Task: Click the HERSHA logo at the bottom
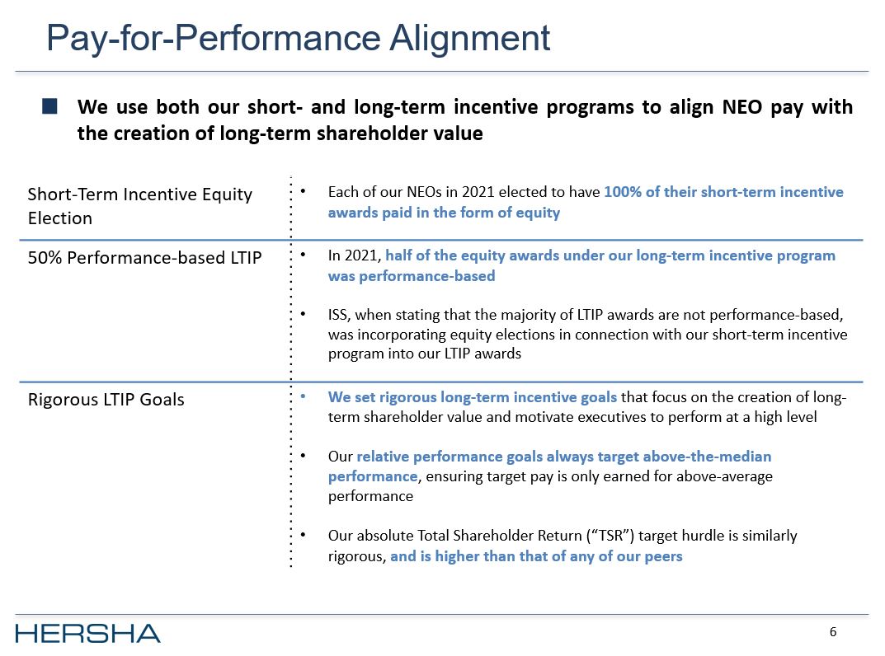coord(87,633)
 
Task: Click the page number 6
coord(833,632)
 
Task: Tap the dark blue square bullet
coord(49,107)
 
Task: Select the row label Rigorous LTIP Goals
coord(106,401)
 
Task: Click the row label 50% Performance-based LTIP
coord(144,258)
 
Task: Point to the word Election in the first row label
coord(59,218)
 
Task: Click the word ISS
coord(337,316)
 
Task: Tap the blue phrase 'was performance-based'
coord(411,276)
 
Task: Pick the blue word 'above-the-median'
coord(716,457)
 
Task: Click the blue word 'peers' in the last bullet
coord(663,556)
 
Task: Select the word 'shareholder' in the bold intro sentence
coord(366,134)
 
